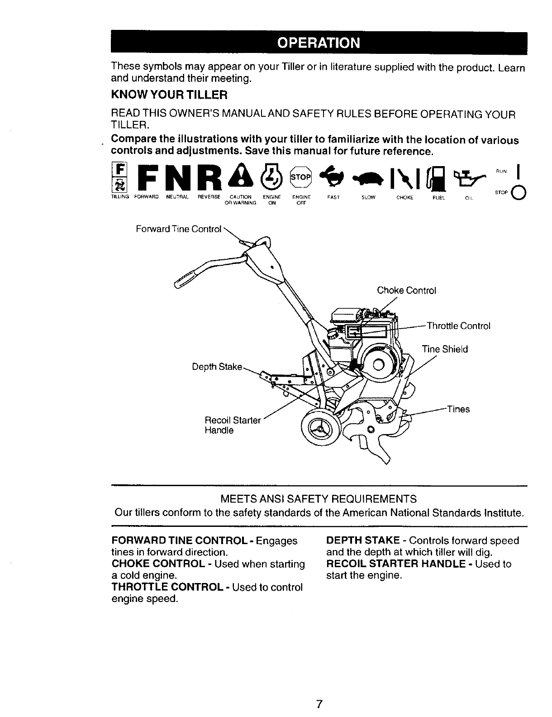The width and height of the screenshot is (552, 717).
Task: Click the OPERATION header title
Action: click(x=319, y=43)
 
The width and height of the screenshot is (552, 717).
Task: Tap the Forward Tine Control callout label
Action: click(x=179, y=229)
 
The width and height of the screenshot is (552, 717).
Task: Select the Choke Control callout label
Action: click(x=406, y=291)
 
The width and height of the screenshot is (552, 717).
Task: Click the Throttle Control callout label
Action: click(x=458, y=326)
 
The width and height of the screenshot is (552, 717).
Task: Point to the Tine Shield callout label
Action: click(x=445, y=349)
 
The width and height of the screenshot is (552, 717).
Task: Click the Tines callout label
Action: click(x=458, y=409)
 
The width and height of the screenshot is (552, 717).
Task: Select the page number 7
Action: click(x=319, y=704)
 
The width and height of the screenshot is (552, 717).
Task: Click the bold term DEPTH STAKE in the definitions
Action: click(x=362, y=540)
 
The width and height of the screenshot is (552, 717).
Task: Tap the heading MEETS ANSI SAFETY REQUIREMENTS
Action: click(x=319, y=499)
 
